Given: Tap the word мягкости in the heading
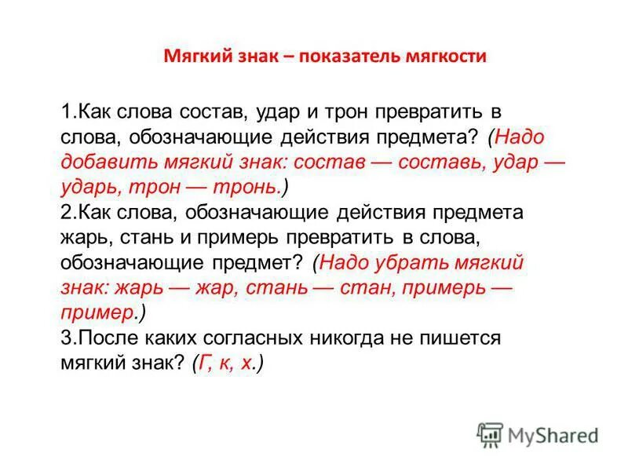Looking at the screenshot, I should [447, 57].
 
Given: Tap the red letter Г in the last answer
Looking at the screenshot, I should [203, 363].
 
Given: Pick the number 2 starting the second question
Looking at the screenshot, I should [65, 213].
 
